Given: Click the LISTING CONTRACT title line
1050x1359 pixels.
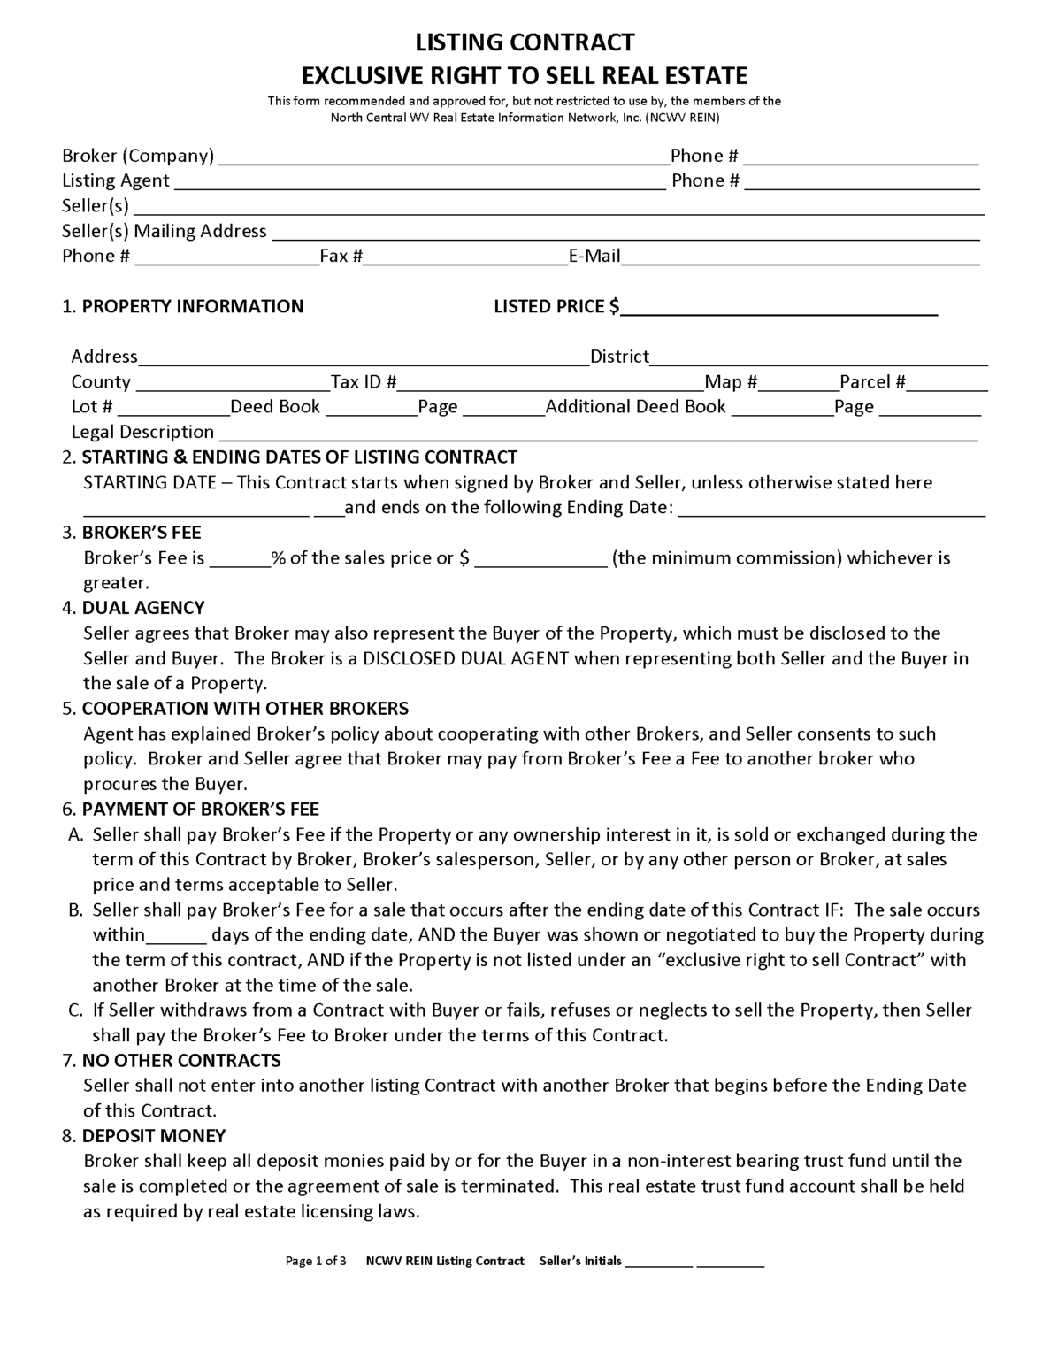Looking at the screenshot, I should [x=525, y=42].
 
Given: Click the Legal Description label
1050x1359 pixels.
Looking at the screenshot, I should [x=142, y=432].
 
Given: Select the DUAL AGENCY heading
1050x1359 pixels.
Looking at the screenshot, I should [x=142, y=608].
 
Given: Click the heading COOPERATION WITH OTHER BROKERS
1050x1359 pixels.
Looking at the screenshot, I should [x=245, y=709].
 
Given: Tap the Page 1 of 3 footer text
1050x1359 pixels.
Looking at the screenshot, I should [x=316, y=1261].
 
